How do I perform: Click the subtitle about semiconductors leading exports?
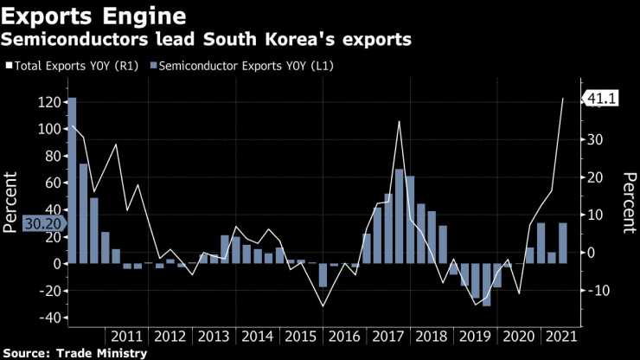[208, 40]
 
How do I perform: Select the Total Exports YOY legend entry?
[74, 66]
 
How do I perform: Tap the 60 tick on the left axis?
[52, 183]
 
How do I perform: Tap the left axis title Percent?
[11, 202]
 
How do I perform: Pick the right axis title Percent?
[628, 202]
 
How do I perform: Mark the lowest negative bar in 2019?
[486, 285]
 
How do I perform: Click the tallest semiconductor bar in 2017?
[400, 215]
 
